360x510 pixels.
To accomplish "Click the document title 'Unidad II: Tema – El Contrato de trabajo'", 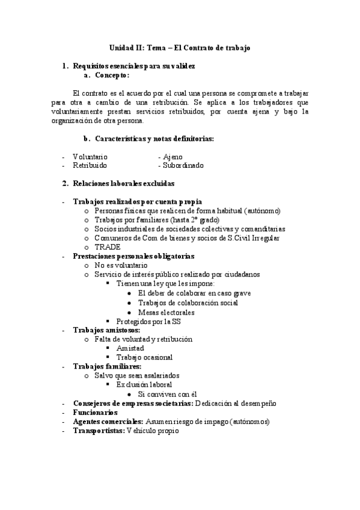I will (x=180, y=47).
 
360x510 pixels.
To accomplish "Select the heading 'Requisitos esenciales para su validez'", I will (x=133, y=66).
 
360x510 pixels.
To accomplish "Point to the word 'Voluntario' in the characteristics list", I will (x=91, y=156).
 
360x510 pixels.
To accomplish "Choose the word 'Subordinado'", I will (x=181, y=165).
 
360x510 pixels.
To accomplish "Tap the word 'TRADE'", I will (x=108, y=247).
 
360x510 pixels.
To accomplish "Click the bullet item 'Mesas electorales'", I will (x=166, y=312).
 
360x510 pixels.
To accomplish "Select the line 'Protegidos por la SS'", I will (x=149, y=321).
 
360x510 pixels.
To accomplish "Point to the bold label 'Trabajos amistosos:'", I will (x=106, y=330).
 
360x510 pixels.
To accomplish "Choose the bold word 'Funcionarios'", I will (x=95, y=412).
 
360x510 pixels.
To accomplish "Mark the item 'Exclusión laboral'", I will (x=144, y=384).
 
